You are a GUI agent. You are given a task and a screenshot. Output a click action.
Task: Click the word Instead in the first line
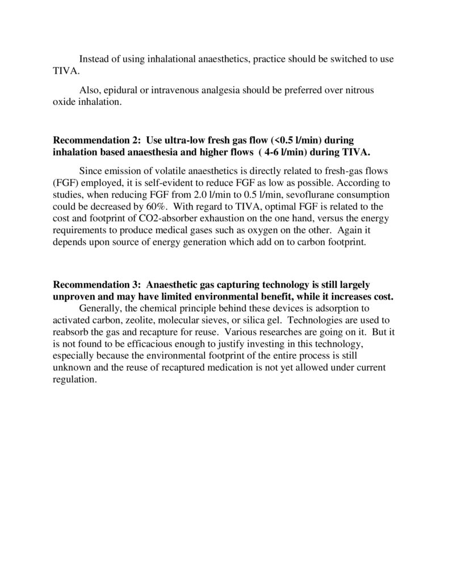94,59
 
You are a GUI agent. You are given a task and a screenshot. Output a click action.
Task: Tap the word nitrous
359,91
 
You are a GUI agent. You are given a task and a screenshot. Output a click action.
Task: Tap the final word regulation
75,380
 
